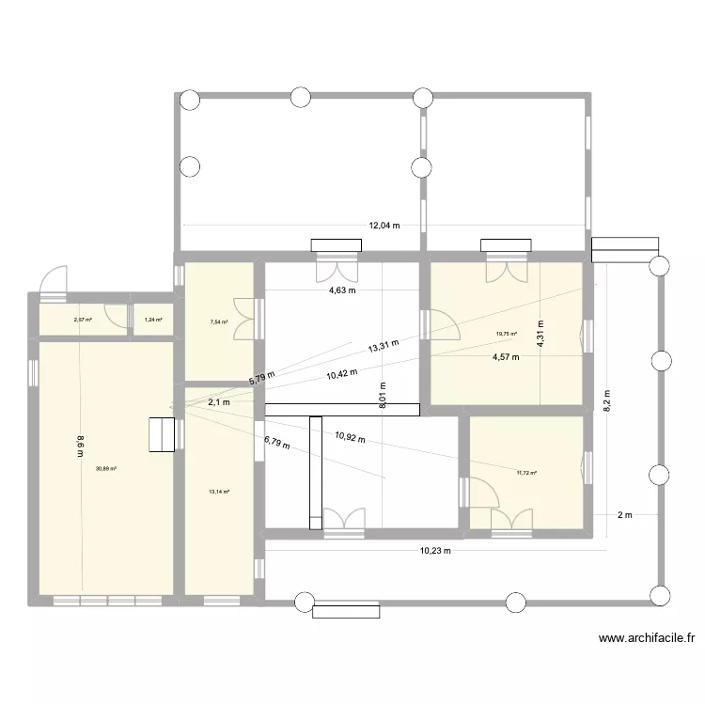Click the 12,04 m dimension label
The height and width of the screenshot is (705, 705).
tap(384, 226)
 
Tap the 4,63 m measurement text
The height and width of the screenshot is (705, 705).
tap(342, 290)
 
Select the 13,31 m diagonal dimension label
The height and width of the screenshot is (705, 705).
tap(384, 345)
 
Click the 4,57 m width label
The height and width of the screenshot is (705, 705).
tap(506, 357)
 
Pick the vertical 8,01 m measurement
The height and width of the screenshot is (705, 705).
tap(383, 393)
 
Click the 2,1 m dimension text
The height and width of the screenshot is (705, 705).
tap(218, 402)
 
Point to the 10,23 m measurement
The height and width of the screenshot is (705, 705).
tap(435, 551)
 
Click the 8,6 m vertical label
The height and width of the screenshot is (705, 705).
tap(80, 443)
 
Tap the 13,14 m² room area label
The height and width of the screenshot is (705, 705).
tap(219, 491)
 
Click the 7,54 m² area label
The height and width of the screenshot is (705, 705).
tap(218, 321)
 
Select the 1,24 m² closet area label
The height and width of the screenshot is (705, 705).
tap(153, 321)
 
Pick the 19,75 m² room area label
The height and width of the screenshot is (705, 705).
tap(507, 333)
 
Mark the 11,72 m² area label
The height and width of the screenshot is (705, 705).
tap(526, 473)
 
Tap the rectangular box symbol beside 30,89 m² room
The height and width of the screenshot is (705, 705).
tap(163, 433)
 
